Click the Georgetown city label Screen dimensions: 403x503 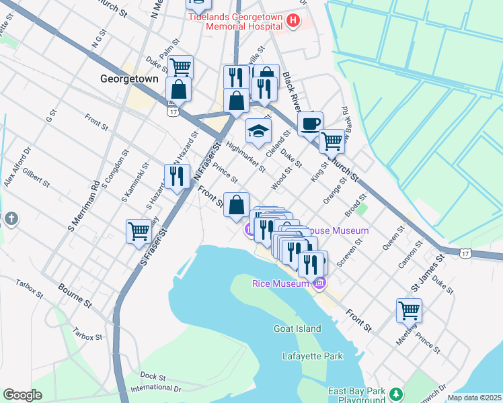click(129, 79)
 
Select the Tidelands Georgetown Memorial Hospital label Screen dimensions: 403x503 click(235, 21)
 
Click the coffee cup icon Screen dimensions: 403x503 click(310, 124)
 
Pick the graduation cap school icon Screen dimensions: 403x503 click(258, 131)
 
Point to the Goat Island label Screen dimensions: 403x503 click(297, 328)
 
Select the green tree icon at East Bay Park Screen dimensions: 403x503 click(397, 393)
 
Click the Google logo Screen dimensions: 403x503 click(22, 395)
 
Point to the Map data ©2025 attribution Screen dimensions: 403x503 click(474, 398)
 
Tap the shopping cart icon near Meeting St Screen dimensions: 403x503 click(409, 310)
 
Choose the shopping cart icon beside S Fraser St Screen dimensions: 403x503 click(139, 230)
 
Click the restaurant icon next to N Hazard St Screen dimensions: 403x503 click(176, 177)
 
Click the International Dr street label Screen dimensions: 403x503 click(156, 388)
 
